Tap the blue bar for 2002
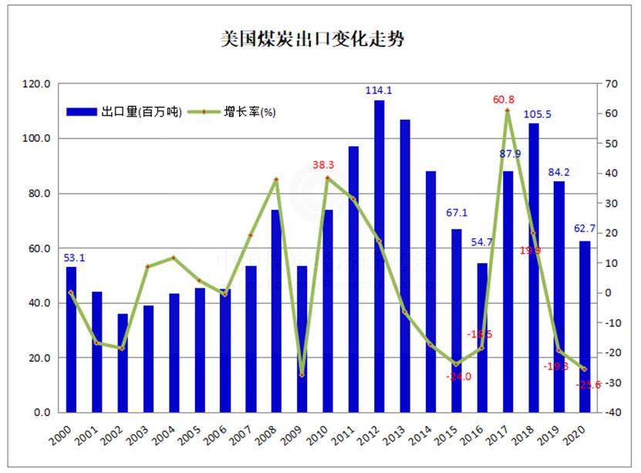pos(123,363)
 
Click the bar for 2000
pos(71,340)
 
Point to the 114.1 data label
pos(379,90)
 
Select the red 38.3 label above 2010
pos(328,164)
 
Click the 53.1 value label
pos(72,258)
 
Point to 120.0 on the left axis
pos(38,84)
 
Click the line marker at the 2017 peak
pos(508,111)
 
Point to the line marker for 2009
pos(302,375)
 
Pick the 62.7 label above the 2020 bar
pos(585,228)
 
